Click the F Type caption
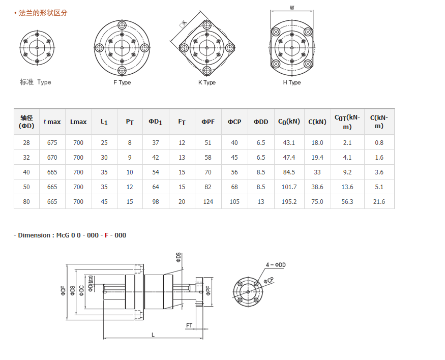[x=122, y=82]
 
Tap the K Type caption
[x=207, y=82]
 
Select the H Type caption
[x=292, y=82]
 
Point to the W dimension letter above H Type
[x=292, y=8]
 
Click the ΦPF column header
[x=208, y=122]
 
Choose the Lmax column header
[x=78, y=122]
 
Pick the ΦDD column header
[x=261, y=122]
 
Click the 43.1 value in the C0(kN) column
[x=289, y=143]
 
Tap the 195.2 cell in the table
[x=289, y=202]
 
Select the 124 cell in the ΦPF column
[x=208, y=202]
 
